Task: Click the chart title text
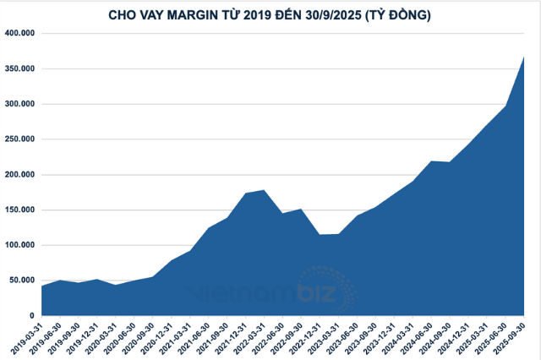(x=270, y=14)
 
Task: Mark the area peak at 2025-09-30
(x=524, y=57)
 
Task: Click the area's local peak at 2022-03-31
(x=265, y=191)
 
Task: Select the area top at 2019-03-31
(x=41, y=286)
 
